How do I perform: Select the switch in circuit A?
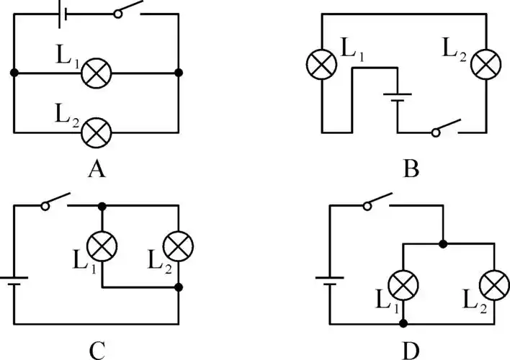pyautogui.click(x=128, y=12)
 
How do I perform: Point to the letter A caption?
pyautogui.click(x=96, y=170)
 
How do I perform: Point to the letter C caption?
pyautogui.click(x=97, y=350)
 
